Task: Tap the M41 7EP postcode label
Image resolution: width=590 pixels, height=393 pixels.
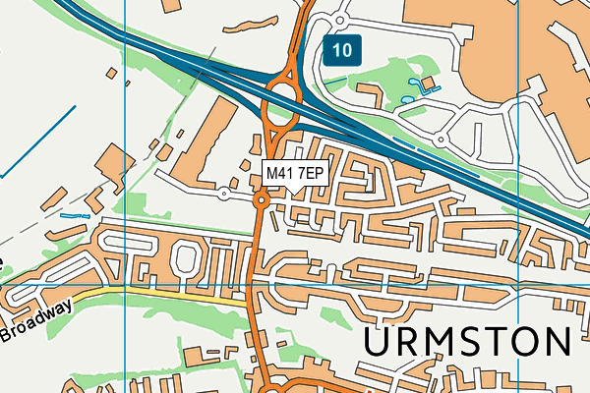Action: pyautogui.click(x=295, y=173)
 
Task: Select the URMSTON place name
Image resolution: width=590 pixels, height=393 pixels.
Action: pyautogui.click(x=468, y=343)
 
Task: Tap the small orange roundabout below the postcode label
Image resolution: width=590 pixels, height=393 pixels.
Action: pyautogui.click(x=262, y=200)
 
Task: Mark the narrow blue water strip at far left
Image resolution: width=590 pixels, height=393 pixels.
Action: pyautogui.click(x=74, y=214)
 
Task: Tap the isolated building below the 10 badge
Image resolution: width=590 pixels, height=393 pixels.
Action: pyautogui.click(x=372, y=96)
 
